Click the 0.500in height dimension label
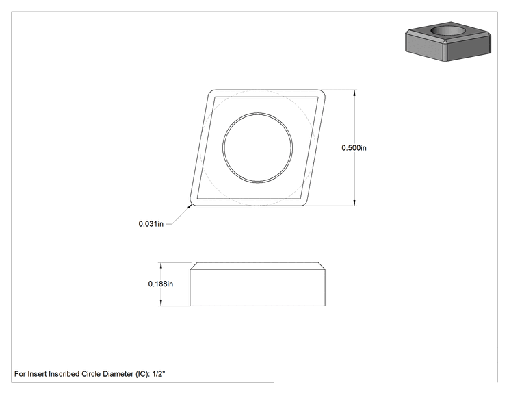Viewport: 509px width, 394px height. click(354, 148)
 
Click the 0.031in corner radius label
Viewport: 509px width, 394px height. click(151, 224)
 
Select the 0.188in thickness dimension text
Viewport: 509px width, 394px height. click(161, 284)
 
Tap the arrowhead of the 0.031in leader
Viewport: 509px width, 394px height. click(190, 206)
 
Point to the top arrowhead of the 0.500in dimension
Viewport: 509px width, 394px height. click(354, 93)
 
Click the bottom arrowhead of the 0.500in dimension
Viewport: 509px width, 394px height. click(354, 203)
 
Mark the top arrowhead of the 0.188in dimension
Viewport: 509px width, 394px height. click(160, 265)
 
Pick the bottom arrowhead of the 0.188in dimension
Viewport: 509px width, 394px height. click(160, 303)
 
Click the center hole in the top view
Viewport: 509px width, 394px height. click(257, 147)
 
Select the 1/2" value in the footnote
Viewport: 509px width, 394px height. click(159, 374)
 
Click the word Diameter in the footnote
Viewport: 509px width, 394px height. click(118, 374)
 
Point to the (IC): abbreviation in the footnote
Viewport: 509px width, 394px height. click(142, 374)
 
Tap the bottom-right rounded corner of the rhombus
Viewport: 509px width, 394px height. click(304, 202)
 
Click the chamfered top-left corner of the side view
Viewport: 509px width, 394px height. click(194, 266)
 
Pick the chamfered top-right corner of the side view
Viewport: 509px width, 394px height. click(322, 266)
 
